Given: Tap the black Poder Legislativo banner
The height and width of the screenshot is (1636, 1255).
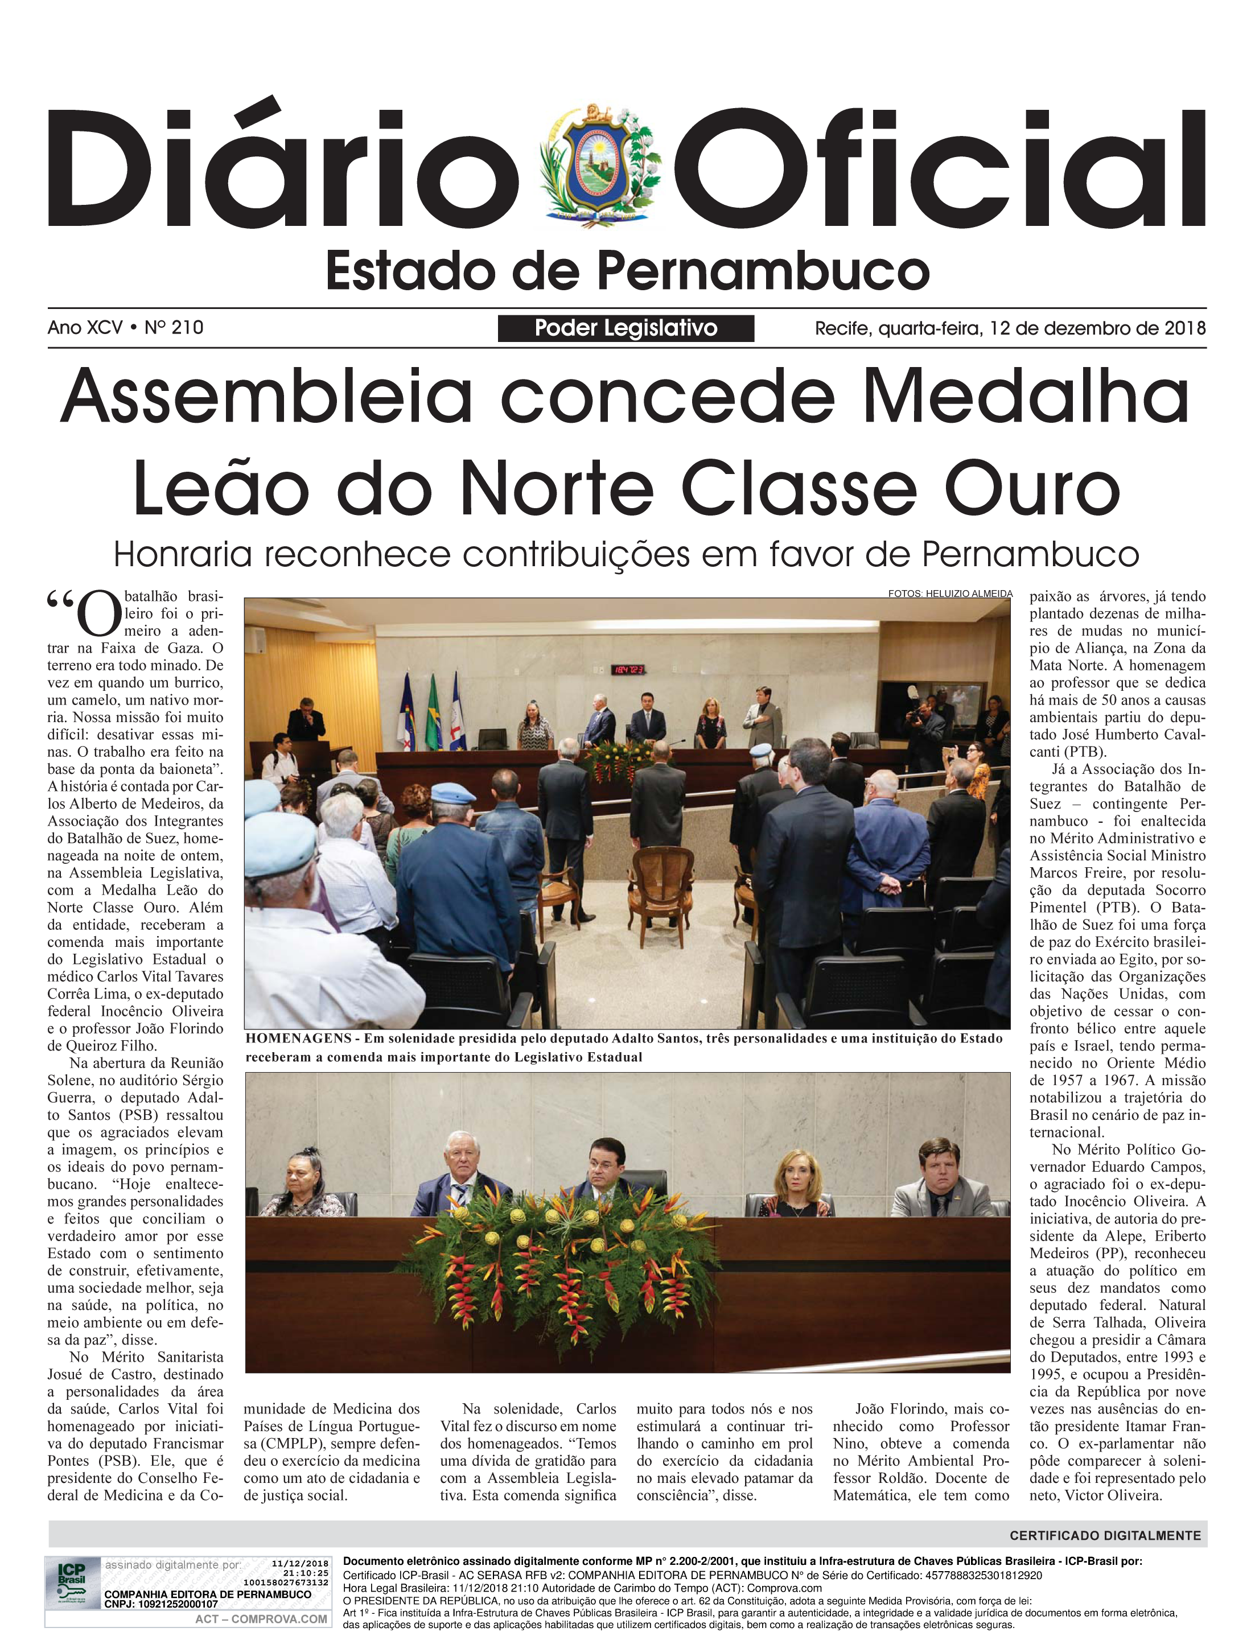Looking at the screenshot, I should pyautogui.click(x=626, y=328).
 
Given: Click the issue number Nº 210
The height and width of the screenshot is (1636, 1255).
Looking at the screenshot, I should pyautogui.click(x=174, y=327).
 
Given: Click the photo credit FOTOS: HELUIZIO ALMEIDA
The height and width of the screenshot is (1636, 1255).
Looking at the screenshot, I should pyautogui.click(x=950, y=594).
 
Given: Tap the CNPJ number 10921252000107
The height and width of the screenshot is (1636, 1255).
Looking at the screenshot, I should pyautogui.click(x=178, y=1603).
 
